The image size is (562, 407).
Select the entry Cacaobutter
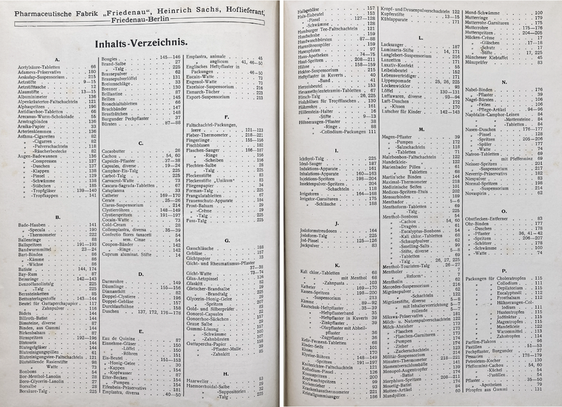pos(115,151)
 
